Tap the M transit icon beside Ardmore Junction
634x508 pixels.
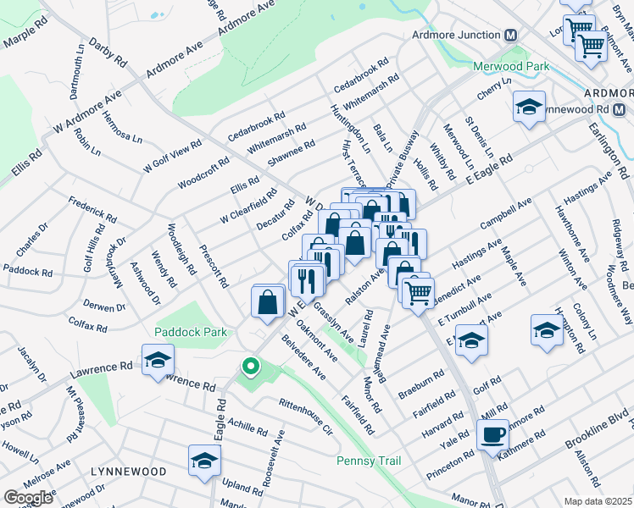[x=511, y=36]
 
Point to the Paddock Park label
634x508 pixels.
[x=191, y=333]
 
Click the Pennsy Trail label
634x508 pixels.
[x=369, y=461]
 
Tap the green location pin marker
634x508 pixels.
[x=249, y=367]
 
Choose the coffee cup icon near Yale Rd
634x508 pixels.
[x=492, y=436]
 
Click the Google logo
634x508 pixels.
[x=28, y=497]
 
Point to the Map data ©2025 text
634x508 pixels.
[x=598, y=501]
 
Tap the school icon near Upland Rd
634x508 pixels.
[x=204, y=461]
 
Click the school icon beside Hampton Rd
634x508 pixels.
[x=547, y=331]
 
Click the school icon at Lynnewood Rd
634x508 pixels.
[x=529, y=108]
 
